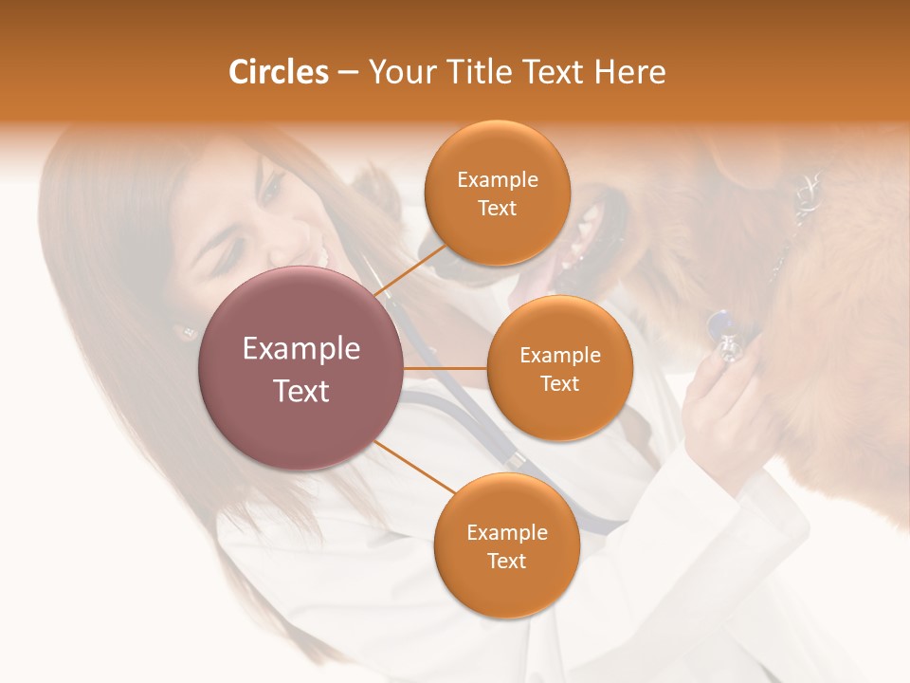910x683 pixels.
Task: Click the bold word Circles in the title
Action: (x=279, y=72)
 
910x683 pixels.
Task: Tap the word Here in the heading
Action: (x=629, y=72)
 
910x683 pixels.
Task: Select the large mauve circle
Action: (x=301, y=368)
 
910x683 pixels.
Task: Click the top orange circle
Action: (x=497, y=193)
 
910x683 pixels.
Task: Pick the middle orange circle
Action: (x=559, y=368)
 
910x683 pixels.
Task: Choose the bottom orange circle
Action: (x=506, y=545)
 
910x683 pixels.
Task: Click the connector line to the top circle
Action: (x=413, y=269)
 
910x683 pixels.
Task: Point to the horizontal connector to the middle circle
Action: (x=445, y=368)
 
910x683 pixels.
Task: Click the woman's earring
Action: (x=182, y=333)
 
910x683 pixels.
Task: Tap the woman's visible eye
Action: (x=269, y=189)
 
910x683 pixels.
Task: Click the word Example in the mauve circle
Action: (x=301, y=349)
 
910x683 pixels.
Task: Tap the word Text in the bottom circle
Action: (x=506, y=561)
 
